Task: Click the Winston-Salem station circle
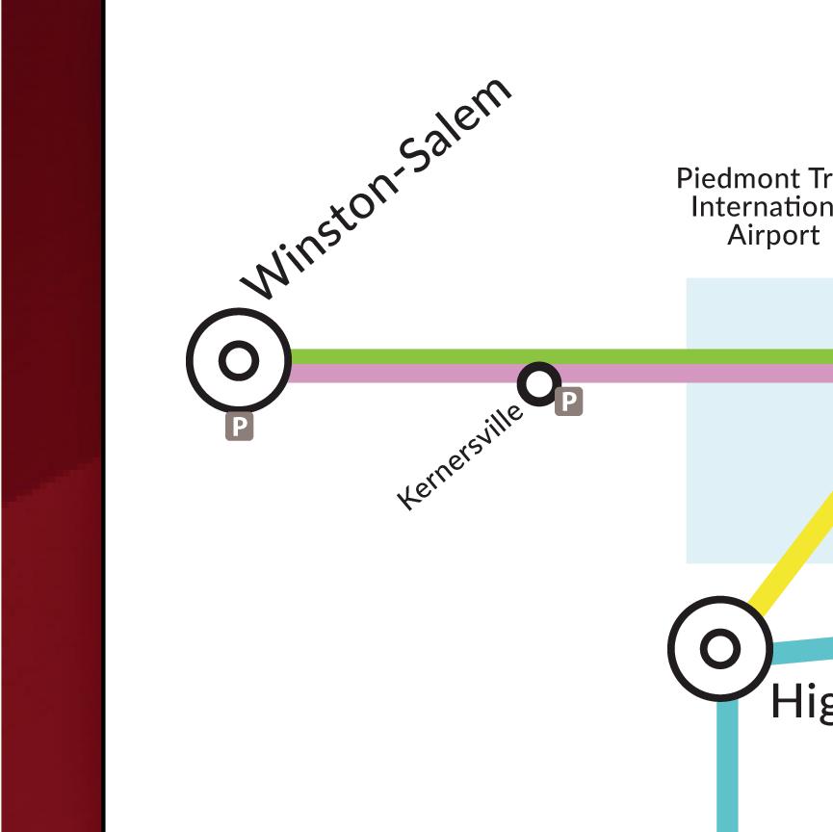click(x=238, y=360)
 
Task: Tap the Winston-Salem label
click(x=377, y=188)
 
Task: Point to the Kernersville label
click(x=460, y=455)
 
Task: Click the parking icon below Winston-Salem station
click(x=239, y=427)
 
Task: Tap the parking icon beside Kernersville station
click(x=569, y=402)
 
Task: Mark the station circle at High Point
click(x=719, y=648)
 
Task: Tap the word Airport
click(x=773, y=235)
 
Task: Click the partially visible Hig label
click(x=800, y=702)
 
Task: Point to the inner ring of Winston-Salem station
click(x=239, y=360)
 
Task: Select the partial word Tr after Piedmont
click(x=820, y=179)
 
